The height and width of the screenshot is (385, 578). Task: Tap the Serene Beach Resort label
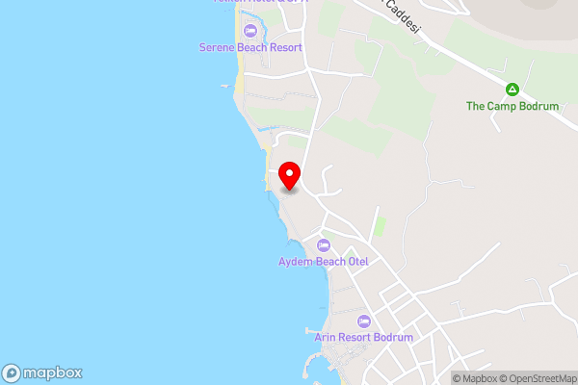(x=250, y=47)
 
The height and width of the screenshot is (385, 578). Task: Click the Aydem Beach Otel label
(x=324, y=261)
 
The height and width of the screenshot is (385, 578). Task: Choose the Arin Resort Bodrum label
(x=363, y=337)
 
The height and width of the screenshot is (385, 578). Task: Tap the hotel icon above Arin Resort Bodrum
(x=363, y=321)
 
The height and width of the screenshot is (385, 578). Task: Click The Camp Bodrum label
(x=512, y=106)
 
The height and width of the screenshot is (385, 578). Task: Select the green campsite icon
(x=512, y=90)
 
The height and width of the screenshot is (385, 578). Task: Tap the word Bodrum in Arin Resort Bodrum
(x=394, y=337)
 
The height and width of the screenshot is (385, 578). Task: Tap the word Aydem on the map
(x=294, y=261)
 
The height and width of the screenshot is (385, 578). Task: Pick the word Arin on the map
(x=326, y=337)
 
